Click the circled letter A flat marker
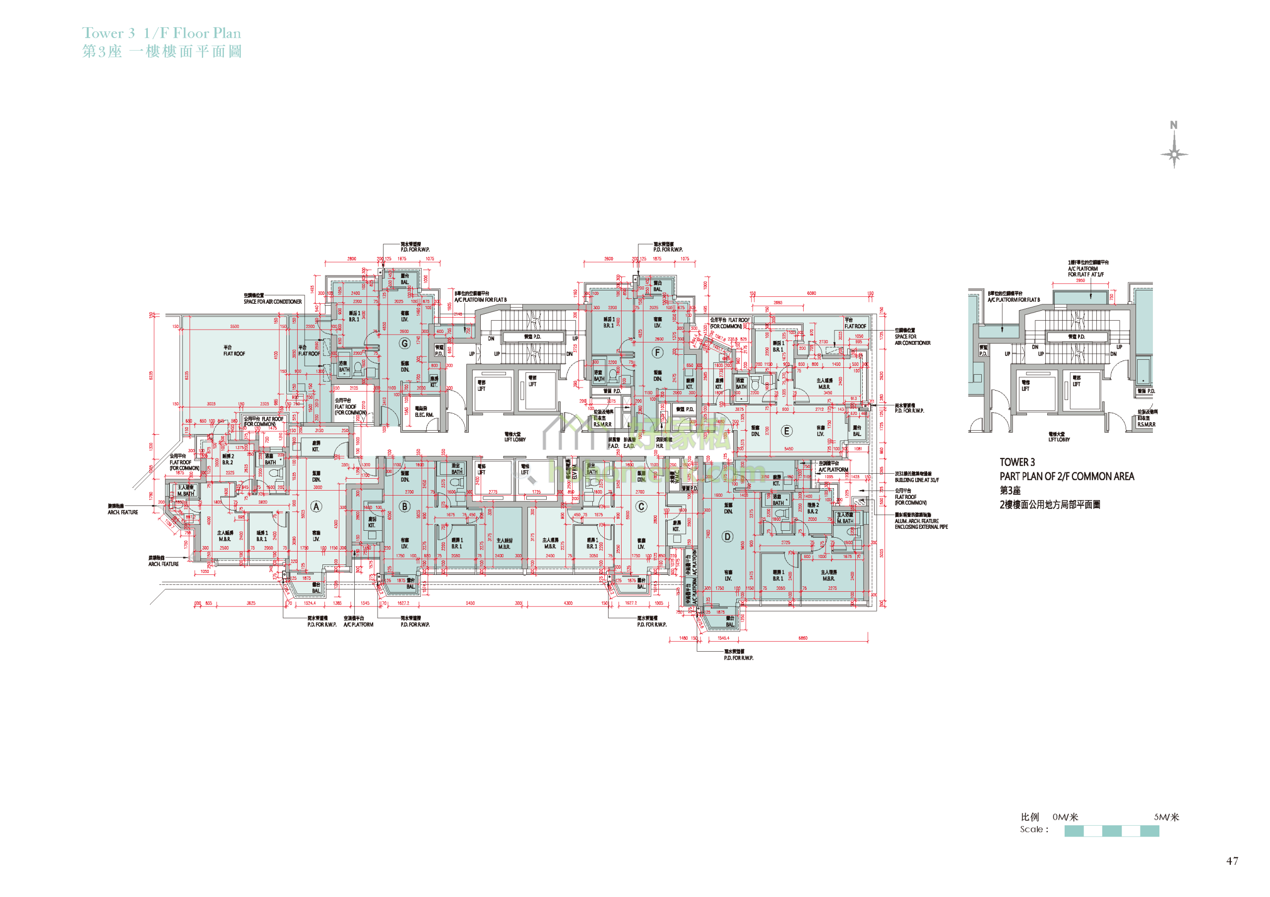(x=316, y=506)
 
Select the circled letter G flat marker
(x=404, y=343)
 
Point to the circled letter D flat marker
(x=727, y=536)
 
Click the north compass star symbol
(x=1174, y=154)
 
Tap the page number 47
(x=1232, y=860)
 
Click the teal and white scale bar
(x=1111, y=831)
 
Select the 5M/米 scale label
(x=1166, y=817)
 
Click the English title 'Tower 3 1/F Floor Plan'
(x=162, y=33)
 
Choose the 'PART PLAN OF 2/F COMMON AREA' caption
(x=1067, y=476)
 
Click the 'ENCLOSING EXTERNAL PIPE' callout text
(x=921, y=527)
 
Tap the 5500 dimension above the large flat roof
(x=235, y=326)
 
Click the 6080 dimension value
(x=811, y=293)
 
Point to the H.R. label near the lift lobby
(x=659, y=446)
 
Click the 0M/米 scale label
(x=1065, y=817)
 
